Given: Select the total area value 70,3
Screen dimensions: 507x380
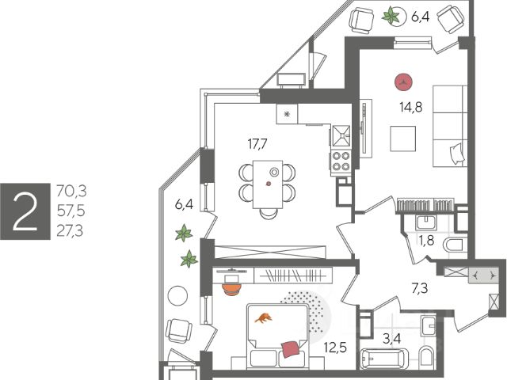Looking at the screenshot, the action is pos(71,191).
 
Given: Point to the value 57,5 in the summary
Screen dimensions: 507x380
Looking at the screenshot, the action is pos(71,211).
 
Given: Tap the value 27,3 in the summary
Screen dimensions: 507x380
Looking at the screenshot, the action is pos(71,230).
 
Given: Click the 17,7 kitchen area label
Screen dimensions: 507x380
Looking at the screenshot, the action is pos(259,143).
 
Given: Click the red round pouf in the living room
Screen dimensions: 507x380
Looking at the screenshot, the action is pos(404,80).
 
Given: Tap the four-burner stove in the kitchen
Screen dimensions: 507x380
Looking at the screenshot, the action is pos(341,161).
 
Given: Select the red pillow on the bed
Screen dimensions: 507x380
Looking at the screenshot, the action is pos(291,348).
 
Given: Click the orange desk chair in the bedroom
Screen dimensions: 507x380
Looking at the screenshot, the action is pos(231,287).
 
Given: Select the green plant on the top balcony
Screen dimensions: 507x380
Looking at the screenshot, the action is pos(392,16).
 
